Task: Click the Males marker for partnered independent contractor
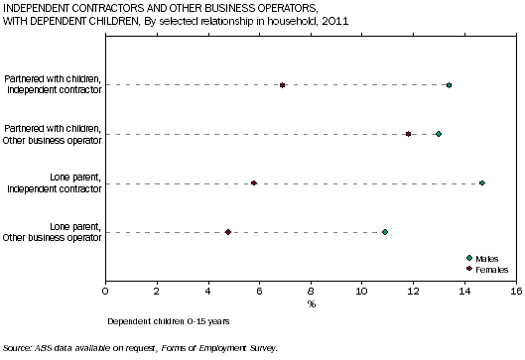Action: point(449,85)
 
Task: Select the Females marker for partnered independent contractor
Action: point(282,85)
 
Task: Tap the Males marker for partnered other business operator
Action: point(439,134)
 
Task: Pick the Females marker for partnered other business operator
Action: point(408,134)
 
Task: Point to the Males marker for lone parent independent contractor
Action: point(482,182)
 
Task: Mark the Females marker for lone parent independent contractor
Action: point(254,182)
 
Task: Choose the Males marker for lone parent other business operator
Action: point(385,232)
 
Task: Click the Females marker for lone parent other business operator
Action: point(228,232)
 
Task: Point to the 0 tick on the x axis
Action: point(105,291)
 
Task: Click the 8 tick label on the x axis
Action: point(311,291)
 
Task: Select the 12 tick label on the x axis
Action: point(413,291)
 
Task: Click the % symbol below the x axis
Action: point(311,303)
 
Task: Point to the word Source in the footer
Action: point(17,348)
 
